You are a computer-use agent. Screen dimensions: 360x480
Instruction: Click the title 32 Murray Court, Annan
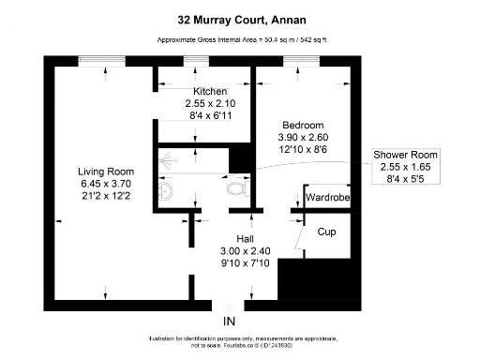[x=239, y=18]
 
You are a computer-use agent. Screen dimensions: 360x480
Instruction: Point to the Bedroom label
[x=303, y=125]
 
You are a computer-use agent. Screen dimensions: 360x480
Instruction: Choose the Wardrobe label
[x=328, y=198]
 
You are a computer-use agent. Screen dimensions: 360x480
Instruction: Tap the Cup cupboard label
[x=327, y=232]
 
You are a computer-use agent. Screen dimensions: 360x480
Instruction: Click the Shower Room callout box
[x=404, y=167]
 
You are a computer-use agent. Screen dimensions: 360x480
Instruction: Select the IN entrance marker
[x=229, y=322]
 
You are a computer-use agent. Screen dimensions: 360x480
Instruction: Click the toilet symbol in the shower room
[x=237, y=190]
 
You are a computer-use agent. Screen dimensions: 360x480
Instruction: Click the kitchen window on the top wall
[x=197, y=60]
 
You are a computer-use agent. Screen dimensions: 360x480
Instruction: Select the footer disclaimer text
[x=240, y=341]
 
